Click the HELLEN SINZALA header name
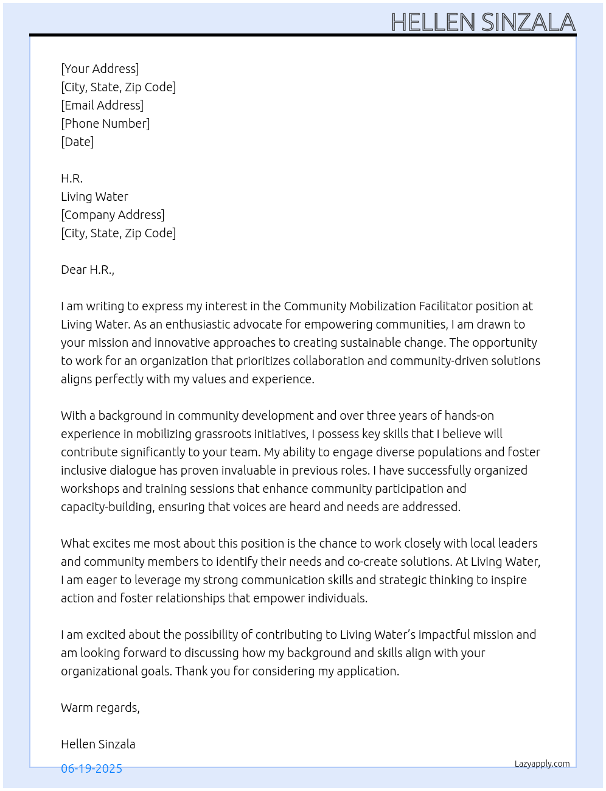tap(482, 23)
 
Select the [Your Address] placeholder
tap(100, 69)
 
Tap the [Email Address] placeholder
tap(102, 105)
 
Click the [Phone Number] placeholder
tap(105, 124)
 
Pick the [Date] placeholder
tap(77, 142)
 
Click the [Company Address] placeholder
tap(113, 215)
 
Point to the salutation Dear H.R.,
tap(88, 270)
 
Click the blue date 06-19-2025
tap(91, 768)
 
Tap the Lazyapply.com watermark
tap(542, 764)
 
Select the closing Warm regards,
tap(100, 708)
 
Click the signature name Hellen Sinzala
tap(98, 744)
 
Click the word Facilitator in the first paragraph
tap(445, 306)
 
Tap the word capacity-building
tap(106, 507)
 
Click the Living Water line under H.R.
tap(94, 197)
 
